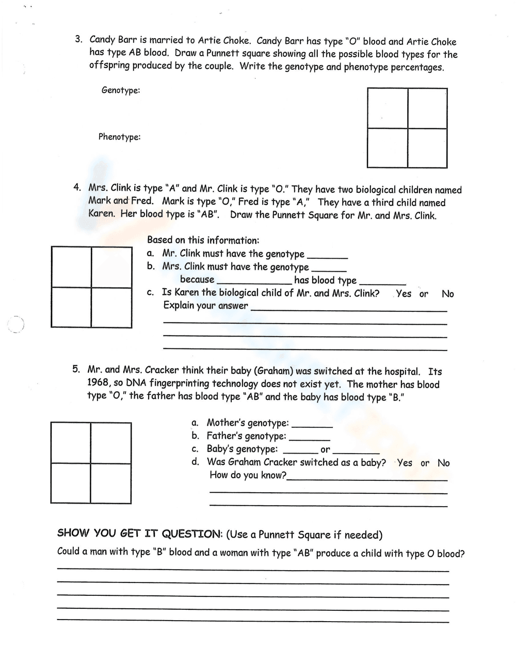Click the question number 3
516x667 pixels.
[78, 39]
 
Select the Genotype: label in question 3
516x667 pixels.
[121, 90]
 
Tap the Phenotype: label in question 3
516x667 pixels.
[119, 137]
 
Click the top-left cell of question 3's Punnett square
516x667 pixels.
[387, 108]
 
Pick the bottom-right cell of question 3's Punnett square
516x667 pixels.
[427, 147]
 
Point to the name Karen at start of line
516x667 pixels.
[102, 213]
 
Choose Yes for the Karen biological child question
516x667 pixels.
[404, 293]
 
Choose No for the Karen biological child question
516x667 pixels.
[447, 293]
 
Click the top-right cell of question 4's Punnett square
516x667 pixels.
[111, 268]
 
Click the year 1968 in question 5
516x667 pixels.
[98, 382]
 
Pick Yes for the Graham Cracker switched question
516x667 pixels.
[405, 462]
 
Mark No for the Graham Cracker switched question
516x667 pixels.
[443, 462]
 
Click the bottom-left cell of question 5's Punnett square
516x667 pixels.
[71, 483]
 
